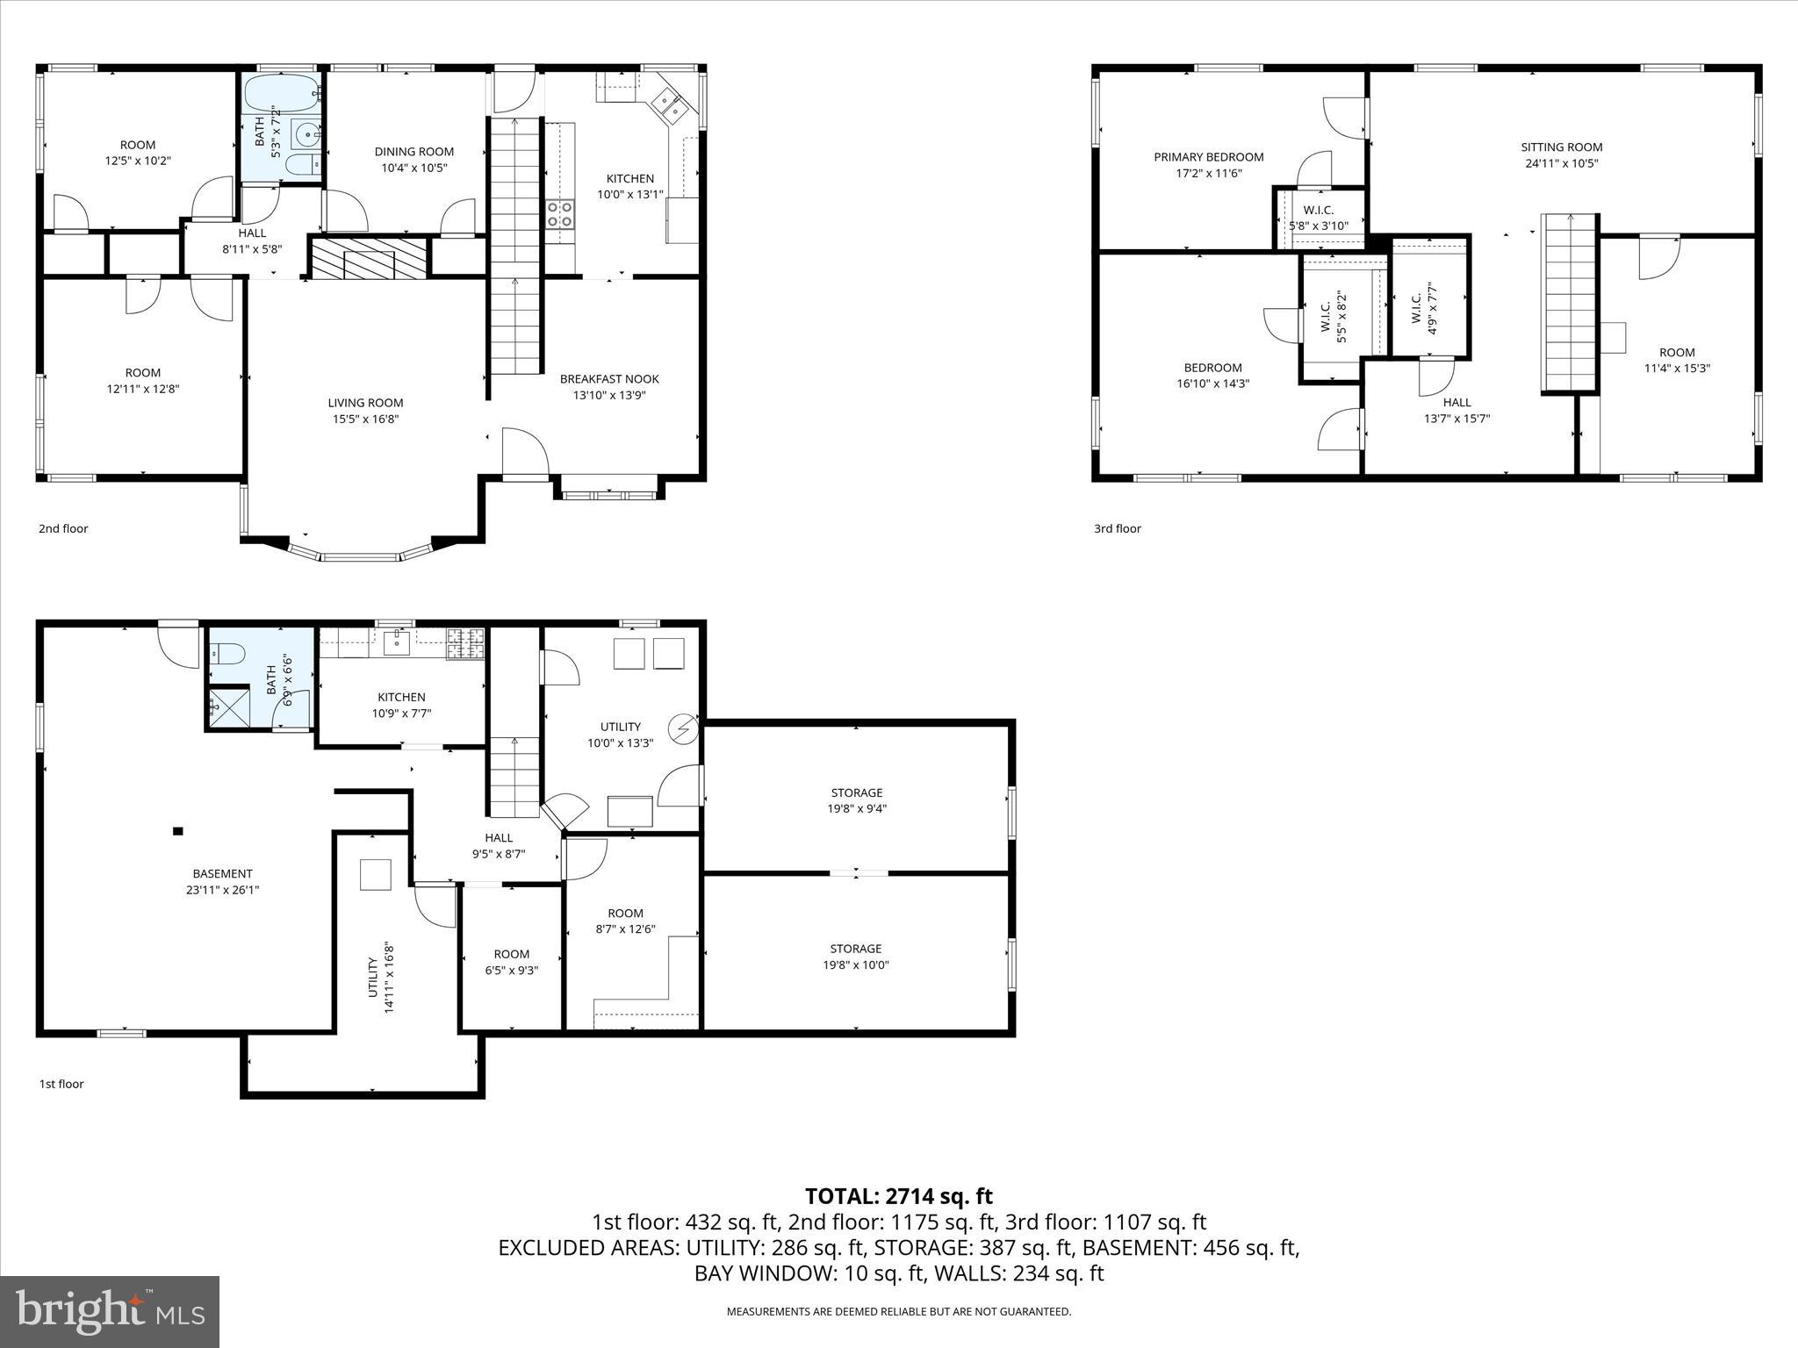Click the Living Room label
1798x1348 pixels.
[x=365, y=403]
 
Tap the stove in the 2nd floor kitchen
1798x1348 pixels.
[x=560, y=214]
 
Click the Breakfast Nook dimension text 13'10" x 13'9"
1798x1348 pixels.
[x=609, y=395]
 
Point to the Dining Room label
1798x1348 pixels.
[x=414, y=152]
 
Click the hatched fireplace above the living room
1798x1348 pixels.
[x=370, y=257]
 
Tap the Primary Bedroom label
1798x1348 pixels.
[x=1208, y=157]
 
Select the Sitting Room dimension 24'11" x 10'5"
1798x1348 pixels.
[x=1561, y=163]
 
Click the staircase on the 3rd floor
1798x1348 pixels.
[x=1569, y=303]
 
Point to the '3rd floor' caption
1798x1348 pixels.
[x=1117, y=528]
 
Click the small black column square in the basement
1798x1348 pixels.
[x=178, y=831]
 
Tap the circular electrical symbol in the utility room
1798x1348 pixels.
[x=682, y=728]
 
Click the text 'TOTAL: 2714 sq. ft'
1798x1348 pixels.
[x=898, y=1196]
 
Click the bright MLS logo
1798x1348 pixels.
[x=110, y=1311]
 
